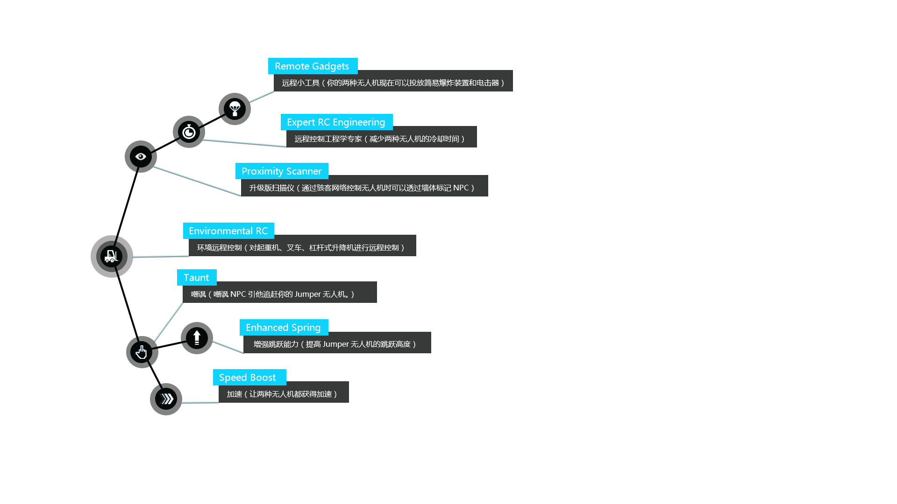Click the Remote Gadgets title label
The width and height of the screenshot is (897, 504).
312,66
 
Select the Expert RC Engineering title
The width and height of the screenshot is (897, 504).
336,122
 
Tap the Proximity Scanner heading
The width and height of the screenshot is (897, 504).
281,171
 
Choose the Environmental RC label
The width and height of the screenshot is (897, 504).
228,231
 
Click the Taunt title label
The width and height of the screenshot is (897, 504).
196,278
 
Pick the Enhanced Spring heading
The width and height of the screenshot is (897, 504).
283,328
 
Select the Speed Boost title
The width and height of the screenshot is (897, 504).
248,378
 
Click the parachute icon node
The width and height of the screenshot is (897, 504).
235,109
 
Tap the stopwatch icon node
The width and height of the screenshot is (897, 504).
189,132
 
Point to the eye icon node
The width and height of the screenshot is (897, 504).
141,156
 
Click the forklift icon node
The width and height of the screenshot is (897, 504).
111,256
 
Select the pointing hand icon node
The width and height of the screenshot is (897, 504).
141,352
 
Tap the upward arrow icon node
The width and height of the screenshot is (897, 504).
197,337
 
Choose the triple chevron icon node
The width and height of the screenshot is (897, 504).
166,399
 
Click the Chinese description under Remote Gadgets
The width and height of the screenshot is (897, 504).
392,83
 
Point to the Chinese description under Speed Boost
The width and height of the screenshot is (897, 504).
282,394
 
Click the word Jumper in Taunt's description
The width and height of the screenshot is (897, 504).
307,294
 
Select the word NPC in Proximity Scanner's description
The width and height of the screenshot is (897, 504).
461,188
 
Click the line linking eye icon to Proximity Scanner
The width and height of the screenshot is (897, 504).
197,180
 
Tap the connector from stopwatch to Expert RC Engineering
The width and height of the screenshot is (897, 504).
244,142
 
